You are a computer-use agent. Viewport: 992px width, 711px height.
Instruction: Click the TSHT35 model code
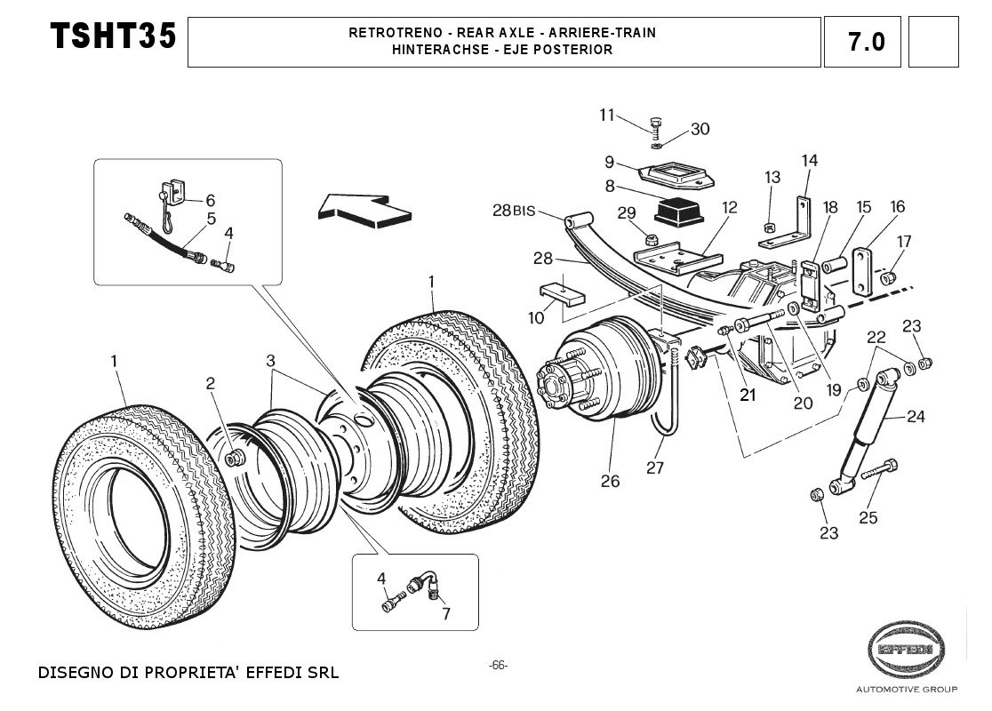click(113, 37)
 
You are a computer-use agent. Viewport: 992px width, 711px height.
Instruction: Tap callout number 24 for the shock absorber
click(916, 416)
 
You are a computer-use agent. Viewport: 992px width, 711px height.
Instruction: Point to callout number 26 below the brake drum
click(610, 482)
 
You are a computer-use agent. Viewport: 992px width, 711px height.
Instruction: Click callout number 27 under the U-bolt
click(655, 468)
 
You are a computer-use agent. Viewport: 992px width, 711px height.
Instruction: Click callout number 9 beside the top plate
click(610, 162)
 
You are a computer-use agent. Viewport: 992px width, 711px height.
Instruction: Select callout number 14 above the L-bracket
click(809, 161)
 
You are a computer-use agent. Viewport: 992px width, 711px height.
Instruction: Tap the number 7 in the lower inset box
click(445, 613)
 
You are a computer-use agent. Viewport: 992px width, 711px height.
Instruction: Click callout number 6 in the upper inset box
click(211, 201)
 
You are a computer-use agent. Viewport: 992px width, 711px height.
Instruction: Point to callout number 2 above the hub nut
click(211, 383)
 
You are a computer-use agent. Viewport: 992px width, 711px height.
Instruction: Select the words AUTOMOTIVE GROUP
click(906, 690)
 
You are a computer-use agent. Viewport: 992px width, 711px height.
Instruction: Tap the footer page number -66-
click(498, 666)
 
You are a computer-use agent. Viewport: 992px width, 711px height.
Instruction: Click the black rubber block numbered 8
click(678, 211)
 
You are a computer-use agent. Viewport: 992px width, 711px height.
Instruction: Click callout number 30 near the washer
click(700, 129)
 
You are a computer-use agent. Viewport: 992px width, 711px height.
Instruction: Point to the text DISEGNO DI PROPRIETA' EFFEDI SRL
click(188, 672)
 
